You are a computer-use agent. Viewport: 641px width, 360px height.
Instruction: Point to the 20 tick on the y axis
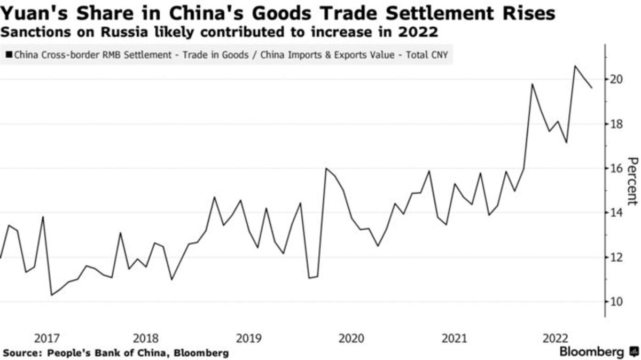[x=616, y=80]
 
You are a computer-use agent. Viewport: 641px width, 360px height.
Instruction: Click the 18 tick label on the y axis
[x=616, y=124]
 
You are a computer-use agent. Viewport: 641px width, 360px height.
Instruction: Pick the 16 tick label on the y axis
[x=616, y=168]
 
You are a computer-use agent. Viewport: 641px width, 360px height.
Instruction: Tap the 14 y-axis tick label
[x=616, y=213]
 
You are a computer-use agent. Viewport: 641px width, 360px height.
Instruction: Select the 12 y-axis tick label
[x=616, y=257]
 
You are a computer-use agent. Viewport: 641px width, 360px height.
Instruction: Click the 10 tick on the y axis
[x=616, y=302]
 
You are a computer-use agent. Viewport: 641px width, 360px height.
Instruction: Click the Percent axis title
[x=632, y=181]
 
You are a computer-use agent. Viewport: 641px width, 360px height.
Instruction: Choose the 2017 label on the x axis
[x=46, y=338]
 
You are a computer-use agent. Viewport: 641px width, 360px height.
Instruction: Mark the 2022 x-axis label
[x=556, y=338]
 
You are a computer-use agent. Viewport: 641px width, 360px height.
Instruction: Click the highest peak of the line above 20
[x=575, y=66]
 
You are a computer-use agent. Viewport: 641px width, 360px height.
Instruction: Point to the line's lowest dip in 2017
[x=52, y=295]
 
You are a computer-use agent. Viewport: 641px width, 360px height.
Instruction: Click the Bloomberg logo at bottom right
[x=598, y=352]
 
